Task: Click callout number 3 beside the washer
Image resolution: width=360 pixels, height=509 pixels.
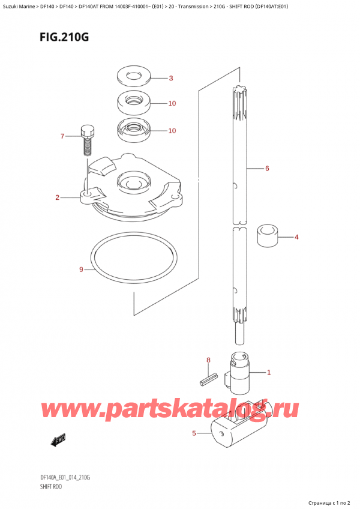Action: tap(170, 78)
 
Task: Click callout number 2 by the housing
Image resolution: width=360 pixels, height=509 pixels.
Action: tap(57, 197)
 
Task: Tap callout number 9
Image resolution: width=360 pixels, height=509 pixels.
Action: tap(82, 270)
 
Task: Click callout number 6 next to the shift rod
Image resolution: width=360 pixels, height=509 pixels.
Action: tap(266, 169)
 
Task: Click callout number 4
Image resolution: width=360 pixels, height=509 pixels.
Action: tap(296, 237)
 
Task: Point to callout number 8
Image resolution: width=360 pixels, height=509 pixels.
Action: tap(208, 360)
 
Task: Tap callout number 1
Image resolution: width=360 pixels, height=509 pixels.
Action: tap(268, 372)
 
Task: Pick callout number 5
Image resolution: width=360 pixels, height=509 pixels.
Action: tap(194, 433)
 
